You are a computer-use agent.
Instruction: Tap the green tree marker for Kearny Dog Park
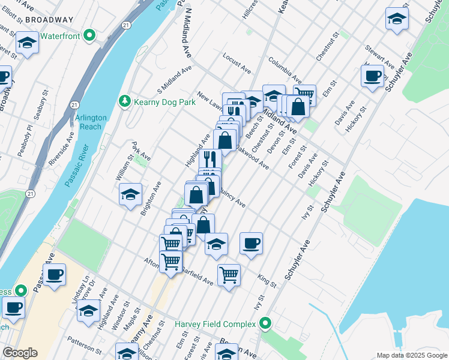[125, 101]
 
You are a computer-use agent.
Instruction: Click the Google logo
[20, 353]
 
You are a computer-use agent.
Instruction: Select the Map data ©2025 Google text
[411, 355]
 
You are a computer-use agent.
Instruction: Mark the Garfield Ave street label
[197, 275]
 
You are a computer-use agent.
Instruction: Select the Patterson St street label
[85, 347]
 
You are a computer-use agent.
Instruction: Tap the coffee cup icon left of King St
[251, 243]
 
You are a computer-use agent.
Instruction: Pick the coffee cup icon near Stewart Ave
[372, 76]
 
